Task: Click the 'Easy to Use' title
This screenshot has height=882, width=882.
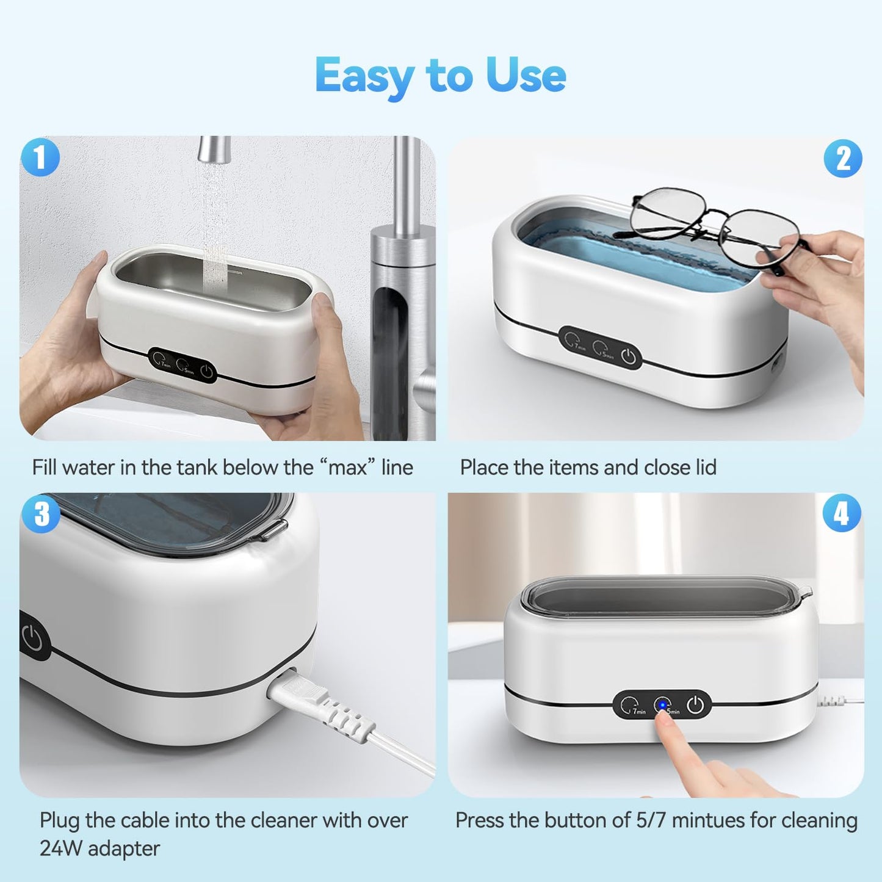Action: [440, 76]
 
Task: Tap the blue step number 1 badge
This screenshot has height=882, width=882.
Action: [40, 157]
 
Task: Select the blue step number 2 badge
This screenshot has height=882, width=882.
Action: [843, 159]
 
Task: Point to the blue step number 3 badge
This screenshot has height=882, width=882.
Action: [41, 513]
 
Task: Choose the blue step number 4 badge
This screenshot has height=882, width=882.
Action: [842, 513]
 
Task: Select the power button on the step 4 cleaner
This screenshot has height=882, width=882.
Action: [695, 706]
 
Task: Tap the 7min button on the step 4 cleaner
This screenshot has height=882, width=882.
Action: [631, 706]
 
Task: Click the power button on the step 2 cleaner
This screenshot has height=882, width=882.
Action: [629, 356]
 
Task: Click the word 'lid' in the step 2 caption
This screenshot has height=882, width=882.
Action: [705, 468]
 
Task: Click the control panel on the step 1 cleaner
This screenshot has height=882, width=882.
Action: [183, 365]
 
